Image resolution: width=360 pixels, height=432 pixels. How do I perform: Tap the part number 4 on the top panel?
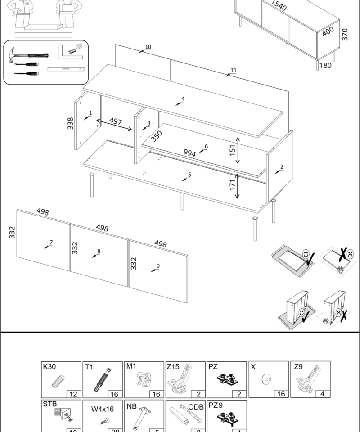pyautogui.click(x=183, y=99)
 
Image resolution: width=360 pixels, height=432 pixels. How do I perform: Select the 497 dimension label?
pyautogui.click(x=116, y=121)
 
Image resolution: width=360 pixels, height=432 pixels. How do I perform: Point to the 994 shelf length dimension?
pyautogui.click(x=189, y=153)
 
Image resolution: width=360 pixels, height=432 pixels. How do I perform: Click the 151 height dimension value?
pyautogui.click(x=232, y=150)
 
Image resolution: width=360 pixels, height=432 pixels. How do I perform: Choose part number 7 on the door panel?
pyautogui.click(x=51, y=243)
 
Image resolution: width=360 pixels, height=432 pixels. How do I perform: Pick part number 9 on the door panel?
pyautogui.click(x=99, y=252)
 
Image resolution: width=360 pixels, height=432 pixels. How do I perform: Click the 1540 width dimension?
pyautogui.click(x=158, y=265)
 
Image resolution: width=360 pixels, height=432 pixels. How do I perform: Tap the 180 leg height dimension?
pyautogui.click(x=325, y=66)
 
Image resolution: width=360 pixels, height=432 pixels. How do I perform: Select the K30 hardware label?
pyautogui.click(x=49, y=367)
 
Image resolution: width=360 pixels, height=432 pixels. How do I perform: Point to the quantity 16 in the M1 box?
pyautogui.click(x=156, y=394)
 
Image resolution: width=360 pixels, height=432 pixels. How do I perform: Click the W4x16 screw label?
pyautogui.click(x=103, y=409)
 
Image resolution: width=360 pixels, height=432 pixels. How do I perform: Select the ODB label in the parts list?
pyautogui.click(x=196, y=407)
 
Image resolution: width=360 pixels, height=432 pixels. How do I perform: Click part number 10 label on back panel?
pyautogui.click(x=148, y=47)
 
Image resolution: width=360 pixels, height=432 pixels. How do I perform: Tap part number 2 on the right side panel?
pyautogui.click(x=282, y=167)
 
